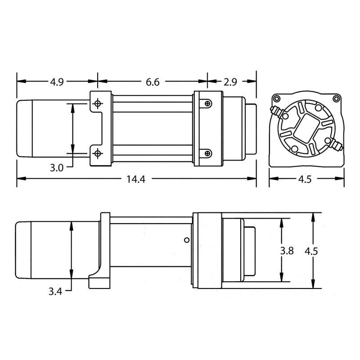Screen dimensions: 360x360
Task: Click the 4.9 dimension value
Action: point(56,82)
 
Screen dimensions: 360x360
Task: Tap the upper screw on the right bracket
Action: point(207,103)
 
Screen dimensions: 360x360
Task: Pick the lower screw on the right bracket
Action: point(207,154)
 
